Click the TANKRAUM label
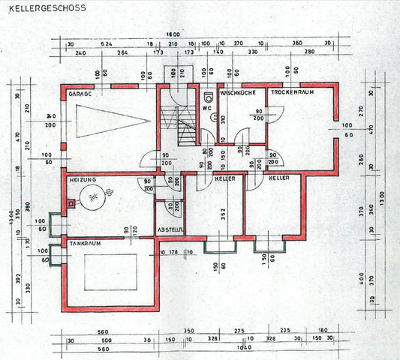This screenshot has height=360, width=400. click(84, 243)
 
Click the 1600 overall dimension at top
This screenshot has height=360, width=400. click(174, 34)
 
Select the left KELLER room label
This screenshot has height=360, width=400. click(225, 180)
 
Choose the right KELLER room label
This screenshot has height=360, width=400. click(278, 180)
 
